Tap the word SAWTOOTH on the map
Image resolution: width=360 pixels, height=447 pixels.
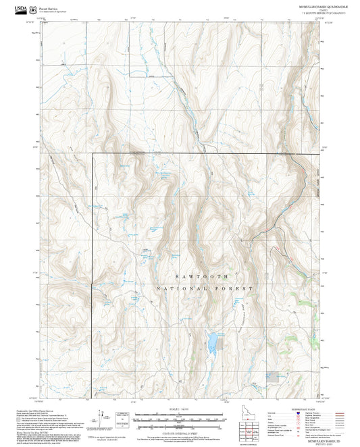(206, 277)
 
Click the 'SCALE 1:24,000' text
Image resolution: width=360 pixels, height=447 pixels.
(180, 409)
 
